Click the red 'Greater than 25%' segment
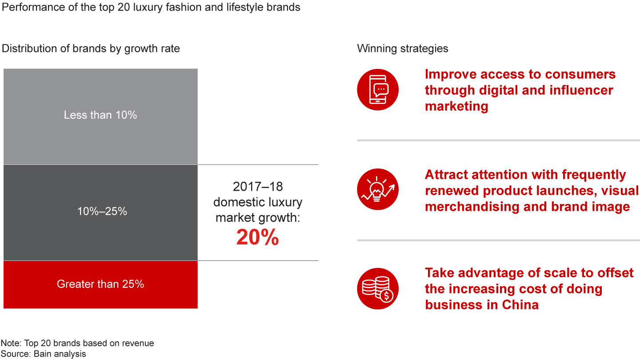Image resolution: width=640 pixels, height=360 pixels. tap(100, 284)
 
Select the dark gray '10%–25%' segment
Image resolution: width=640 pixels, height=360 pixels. tap(100, 212)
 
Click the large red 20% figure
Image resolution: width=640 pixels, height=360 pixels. tap(258, 238)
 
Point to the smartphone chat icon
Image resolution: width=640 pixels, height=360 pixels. tap(378, 89)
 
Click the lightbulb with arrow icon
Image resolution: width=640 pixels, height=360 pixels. tap(378, 190)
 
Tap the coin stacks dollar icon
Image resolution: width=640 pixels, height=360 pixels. tap(378, 288)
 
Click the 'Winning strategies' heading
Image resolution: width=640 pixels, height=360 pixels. tap(403, 48)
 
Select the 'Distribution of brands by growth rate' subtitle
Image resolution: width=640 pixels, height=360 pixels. tap(91, 48)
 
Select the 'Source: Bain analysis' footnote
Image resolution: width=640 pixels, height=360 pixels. tap(44, 354)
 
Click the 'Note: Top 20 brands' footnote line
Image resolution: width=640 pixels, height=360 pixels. tap(77, 343)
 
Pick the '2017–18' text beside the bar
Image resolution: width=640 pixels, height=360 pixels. tap(257, 186)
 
